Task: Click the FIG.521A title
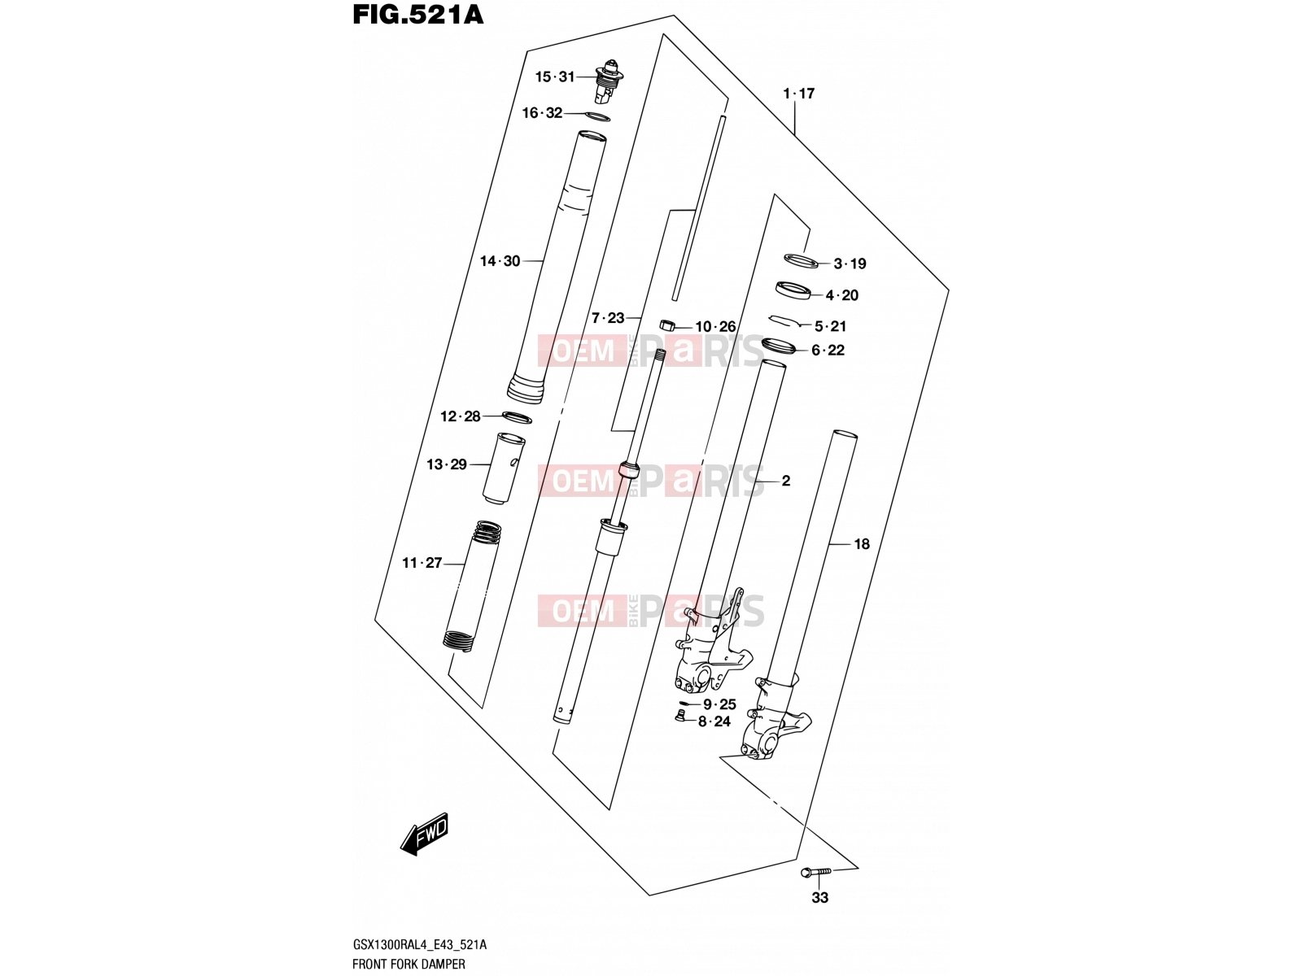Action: point(418,15)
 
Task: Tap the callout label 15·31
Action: point(555,77)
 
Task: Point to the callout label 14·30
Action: point(500,261)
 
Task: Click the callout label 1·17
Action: point(799,94)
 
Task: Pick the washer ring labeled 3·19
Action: point(801,260)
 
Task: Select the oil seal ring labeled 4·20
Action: point(793,291)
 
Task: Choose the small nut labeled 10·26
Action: point(668,325)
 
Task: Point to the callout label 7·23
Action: point(608,319)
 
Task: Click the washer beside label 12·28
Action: point(517,417)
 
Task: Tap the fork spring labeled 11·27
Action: point(474,586)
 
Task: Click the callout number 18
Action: point(861,544)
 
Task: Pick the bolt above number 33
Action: point(816,872)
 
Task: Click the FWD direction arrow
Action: point(424,834)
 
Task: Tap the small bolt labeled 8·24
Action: point(682,717)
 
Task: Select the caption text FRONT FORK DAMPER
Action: point(409,964)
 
